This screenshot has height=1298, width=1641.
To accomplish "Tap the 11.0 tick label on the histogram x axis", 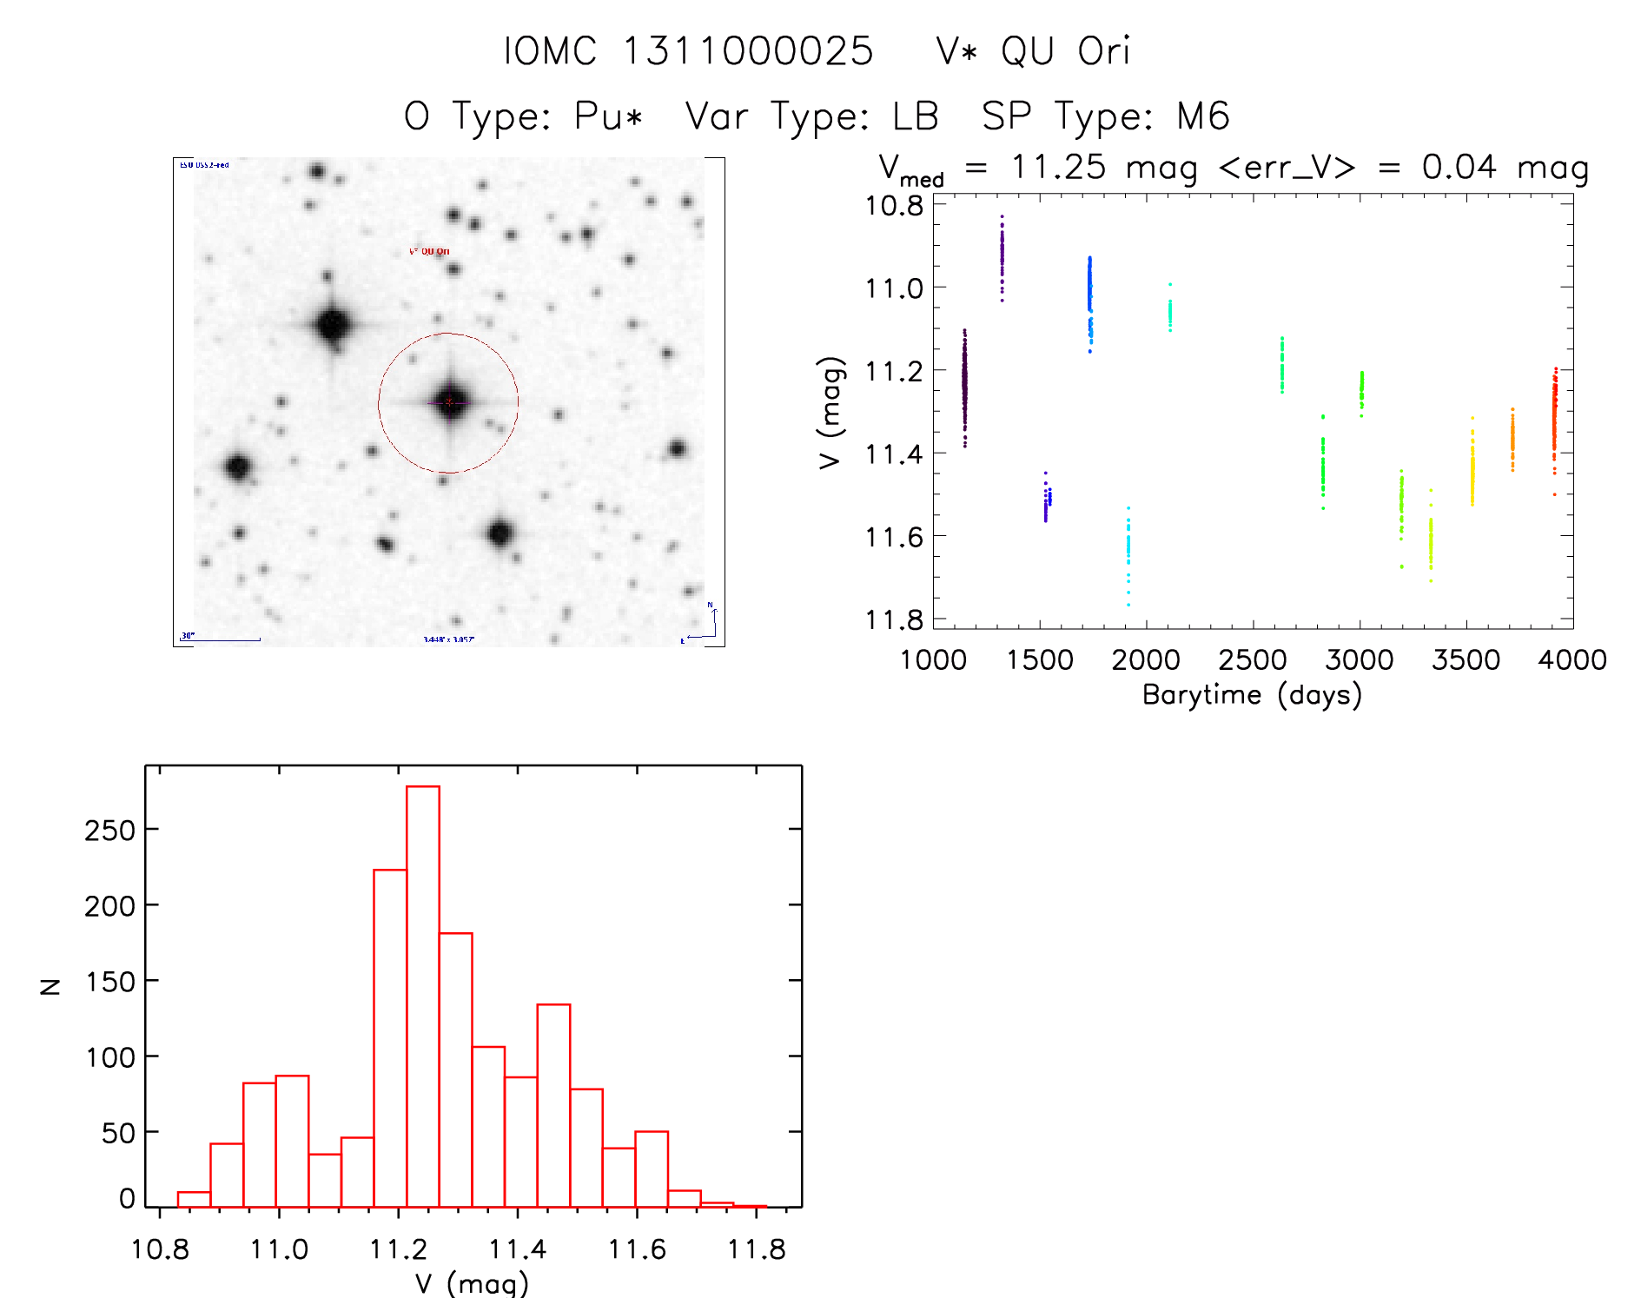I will (x=279, y=1249).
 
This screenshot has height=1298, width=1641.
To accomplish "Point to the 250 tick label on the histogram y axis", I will (x=109, y=831).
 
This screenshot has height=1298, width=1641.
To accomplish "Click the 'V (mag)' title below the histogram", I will (x=472, y=1282).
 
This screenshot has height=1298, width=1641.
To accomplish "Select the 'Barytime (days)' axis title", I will (x=1252, y=695).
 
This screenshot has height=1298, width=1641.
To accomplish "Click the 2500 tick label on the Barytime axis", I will (x=1252, y=660).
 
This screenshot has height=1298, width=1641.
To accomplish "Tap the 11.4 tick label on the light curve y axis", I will (x=894, y=454).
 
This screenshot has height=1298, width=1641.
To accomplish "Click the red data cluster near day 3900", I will (x=1554, y=417).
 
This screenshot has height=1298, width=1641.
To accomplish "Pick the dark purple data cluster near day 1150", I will (x=964, y=387).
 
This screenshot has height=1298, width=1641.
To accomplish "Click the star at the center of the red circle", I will (x=449, y=402).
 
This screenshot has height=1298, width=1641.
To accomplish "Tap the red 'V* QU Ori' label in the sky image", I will (x=429, y=251).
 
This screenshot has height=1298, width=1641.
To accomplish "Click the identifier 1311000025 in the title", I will (x=748, y=51).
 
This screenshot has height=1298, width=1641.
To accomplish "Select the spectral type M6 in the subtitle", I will (x=1203, y=116).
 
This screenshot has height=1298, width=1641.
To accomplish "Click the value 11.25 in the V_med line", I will (x=1058, y=167).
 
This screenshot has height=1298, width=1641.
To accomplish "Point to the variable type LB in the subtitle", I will (x=915, y=116).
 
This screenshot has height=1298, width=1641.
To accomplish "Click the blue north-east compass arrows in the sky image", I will (x=705, y=625).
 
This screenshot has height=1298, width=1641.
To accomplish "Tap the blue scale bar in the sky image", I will (x=222, y=639).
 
